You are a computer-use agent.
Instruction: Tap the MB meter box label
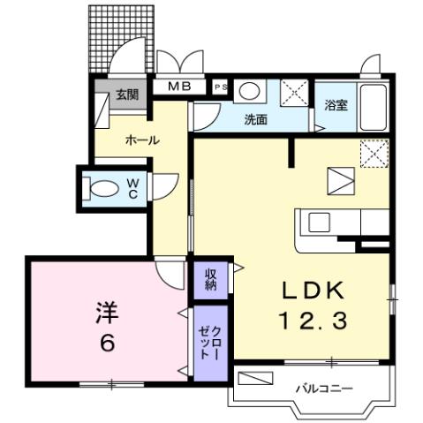[x=180, y=87]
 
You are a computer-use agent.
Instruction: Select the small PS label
[x=220, y=87]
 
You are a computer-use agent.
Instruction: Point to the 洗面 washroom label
[x=256, y=120]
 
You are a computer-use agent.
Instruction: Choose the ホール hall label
[x=141, y=140]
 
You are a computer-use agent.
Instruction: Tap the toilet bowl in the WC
[x=104, y=187]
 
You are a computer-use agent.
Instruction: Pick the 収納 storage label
[x=212, y=279]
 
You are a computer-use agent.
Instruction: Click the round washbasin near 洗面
[x=250, y=91]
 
